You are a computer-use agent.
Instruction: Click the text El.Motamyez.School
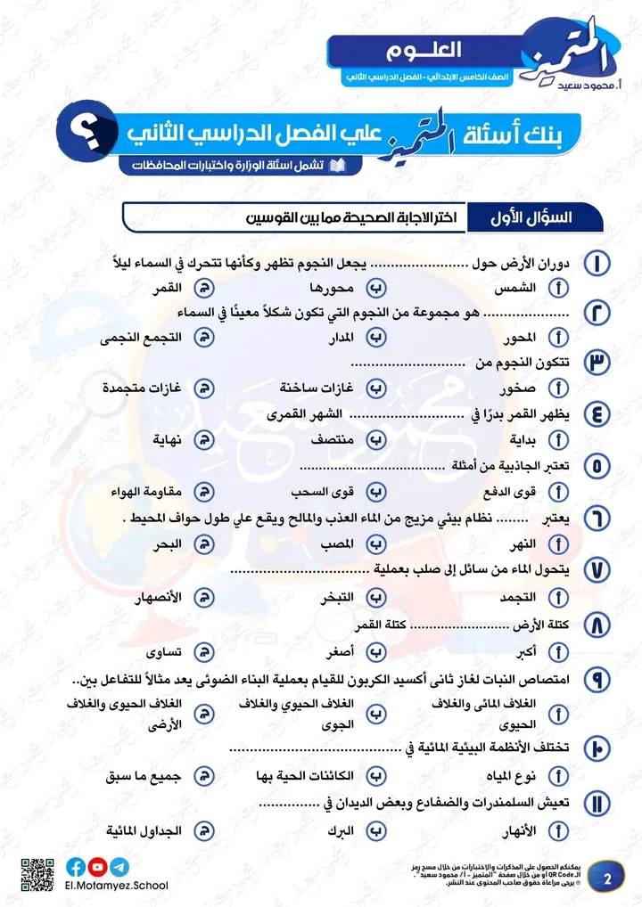[116, 885]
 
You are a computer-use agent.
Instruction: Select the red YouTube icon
[98, 866]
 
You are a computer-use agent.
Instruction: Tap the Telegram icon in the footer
[119, 866]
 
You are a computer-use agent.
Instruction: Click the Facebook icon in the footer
[77, 866]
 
